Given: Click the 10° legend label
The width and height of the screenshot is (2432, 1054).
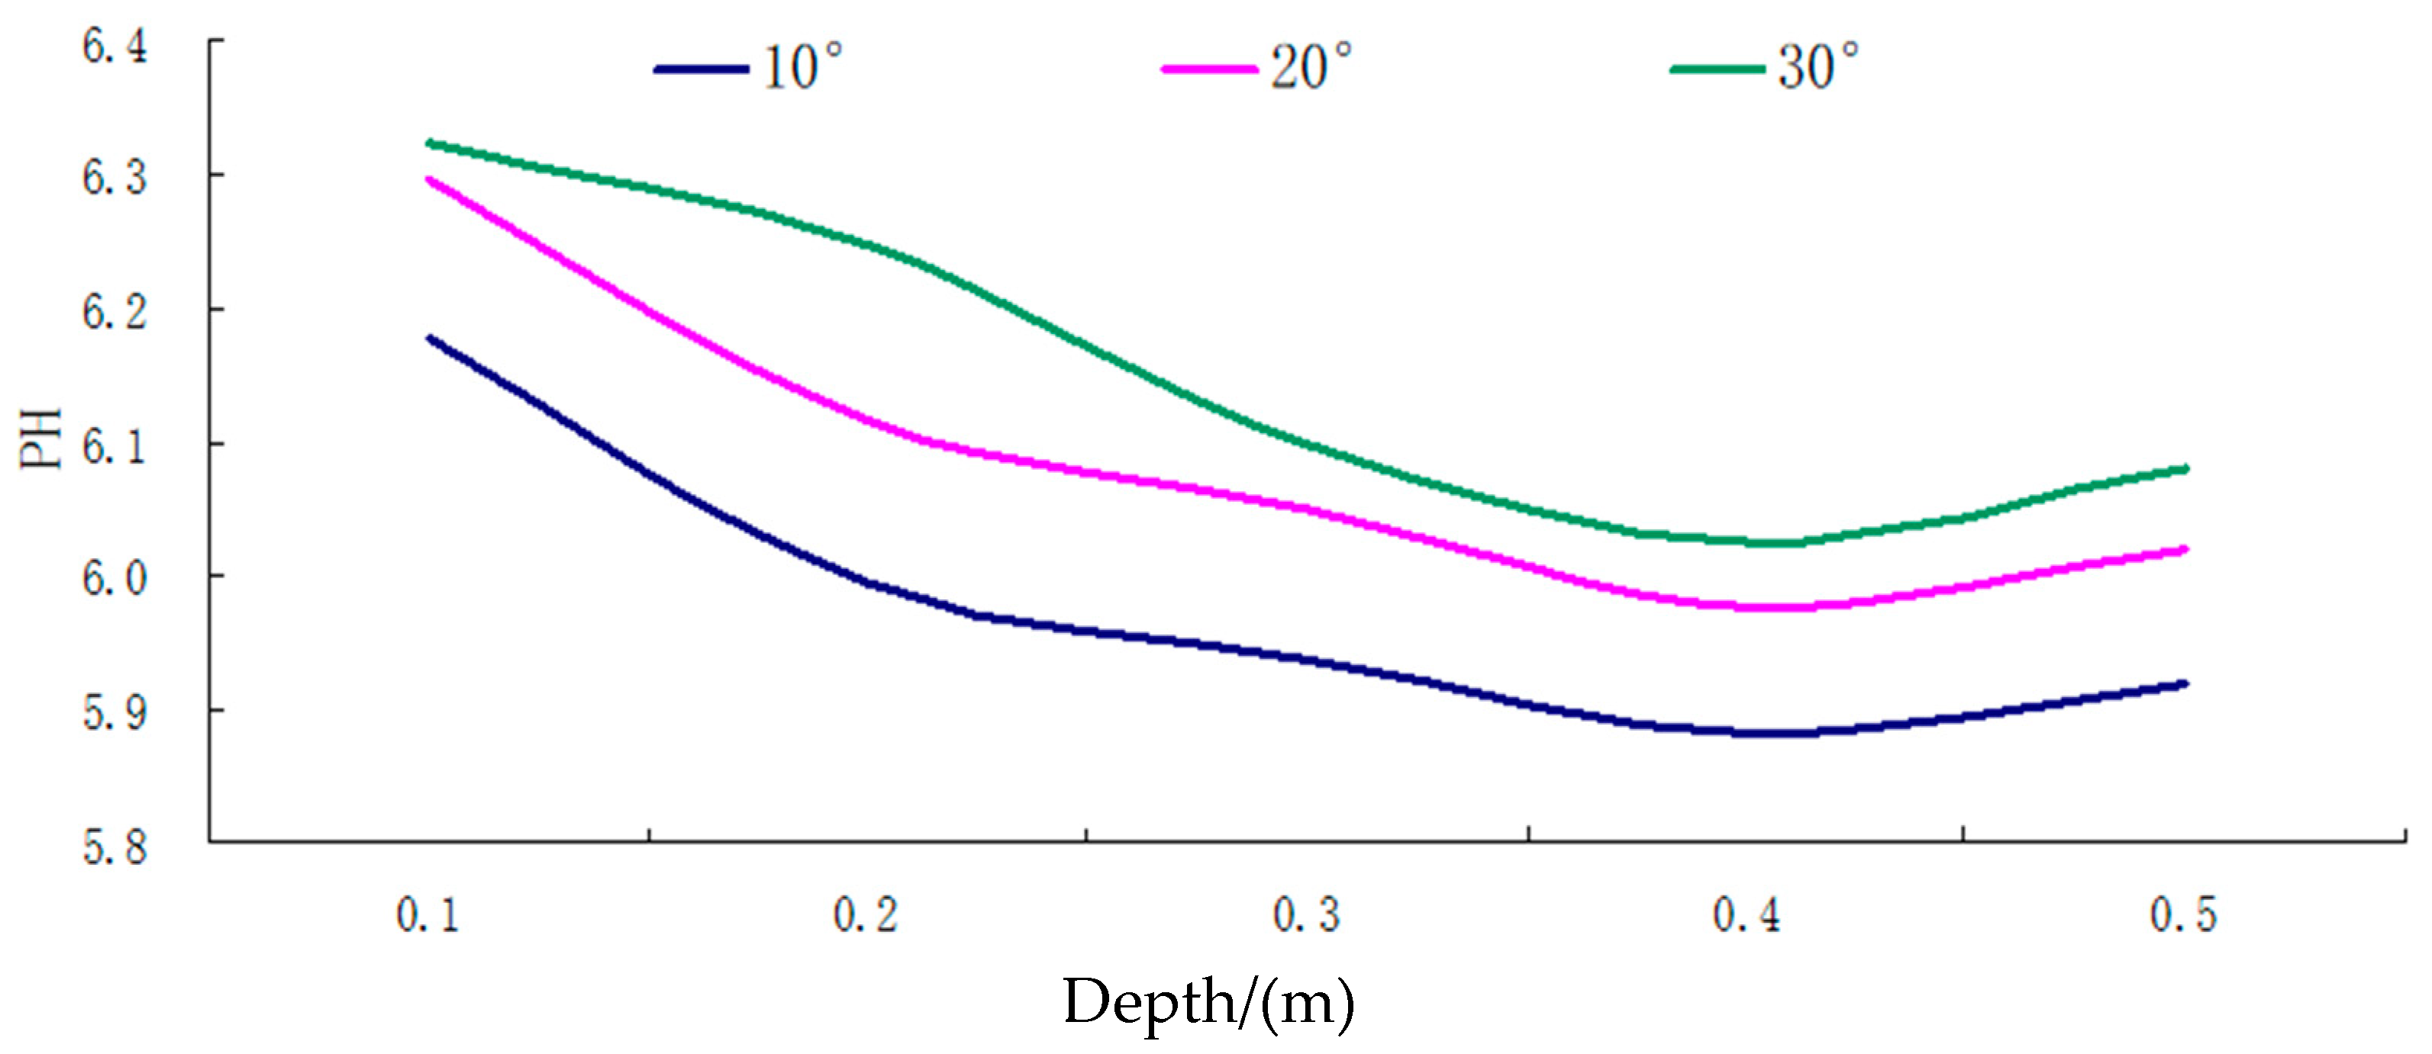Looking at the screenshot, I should [802, 68].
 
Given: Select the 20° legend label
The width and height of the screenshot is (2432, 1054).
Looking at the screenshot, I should [1311, 68].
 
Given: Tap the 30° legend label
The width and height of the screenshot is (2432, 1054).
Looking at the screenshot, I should [1818, 68].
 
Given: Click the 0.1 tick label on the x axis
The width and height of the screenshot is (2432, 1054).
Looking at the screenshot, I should [427, 915].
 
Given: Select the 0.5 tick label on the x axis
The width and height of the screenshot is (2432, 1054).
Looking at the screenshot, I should [2182, 915].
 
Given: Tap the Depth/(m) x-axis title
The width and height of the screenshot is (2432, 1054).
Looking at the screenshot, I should [1208, 1002].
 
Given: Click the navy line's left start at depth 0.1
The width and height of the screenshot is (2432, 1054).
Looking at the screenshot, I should [430, 338].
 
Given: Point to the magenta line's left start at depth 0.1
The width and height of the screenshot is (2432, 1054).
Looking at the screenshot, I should [430, 179].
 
